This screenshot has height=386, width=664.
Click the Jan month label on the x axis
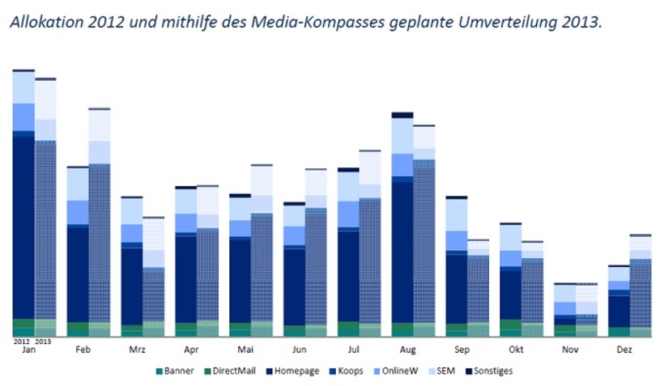click(28, 350)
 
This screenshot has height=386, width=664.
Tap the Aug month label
click(409, 350)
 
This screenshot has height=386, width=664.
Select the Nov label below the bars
click(572, 350)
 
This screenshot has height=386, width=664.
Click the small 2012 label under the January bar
click(22, 341)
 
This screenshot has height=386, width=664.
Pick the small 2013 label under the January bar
click(45, 341)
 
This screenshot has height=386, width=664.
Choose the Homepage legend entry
click(292, 371)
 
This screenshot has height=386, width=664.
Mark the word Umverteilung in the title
click(493, 22)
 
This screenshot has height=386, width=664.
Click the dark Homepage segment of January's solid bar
click(23, 227)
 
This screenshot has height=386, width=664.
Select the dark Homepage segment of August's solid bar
click(402, 251)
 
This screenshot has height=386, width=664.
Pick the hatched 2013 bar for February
click(100, 243)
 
